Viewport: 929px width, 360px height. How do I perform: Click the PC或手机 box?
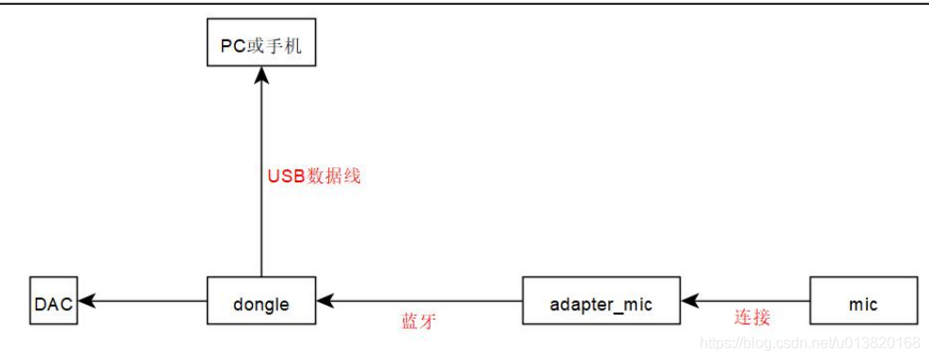[260, 44]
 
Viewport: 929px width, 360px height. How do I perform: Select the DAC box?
[53, 303]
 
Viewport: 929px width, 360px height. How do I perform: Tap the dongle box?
[260, 303]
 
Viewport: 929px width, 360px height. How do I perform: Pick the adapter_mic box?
[600, 303]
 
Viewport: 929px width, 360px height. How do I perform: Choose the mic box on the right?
[862, 303]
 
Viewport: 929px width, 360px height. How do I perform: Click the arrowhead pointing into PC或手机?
[260, 75]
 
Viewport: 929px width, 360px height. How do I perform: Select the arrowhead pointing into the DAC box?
[87, 303]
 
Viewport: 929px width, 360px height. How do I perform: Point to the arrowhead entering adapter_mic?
[689, 303]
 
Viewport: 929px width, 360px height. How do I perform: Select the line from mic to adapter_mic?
[752, 303]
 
